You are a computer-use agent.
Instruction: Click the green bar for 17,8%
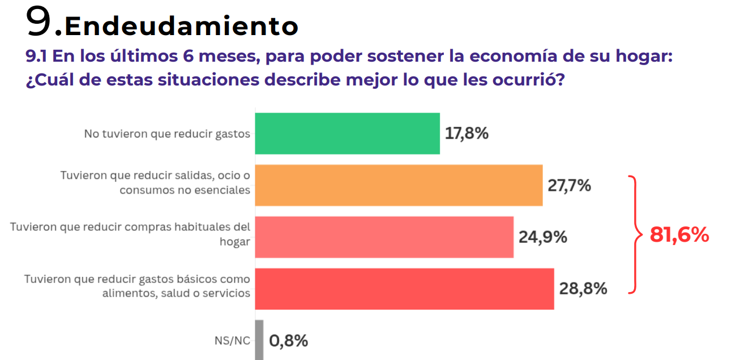[x=347, y=134]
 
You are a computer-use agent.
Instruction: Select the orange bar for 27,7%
[x=399, y=185]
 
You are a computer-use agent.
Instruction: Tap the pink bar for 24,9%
[x=384, y=237]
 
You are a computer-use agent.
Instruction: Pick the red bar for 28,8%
[x=404, y=289]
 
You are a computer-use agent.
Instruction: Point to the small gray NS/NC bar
[x=259, y=340]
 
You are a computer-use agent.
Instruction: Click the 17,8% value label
[x=467, y=134]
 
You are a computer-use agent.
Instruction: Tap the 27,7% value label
[x=569, y=185]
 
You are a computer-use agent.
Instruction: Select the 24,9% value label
[x=542, y=237]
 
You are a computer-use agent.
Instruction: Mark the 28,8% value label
[x=583, y=289]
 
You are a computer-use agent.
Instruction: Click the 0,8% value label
[x=289, y=341]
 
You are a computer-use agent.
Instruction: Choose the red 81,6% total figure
[x=679, y=235]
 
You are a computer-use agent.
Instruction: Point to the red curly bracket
[x=634, y=235]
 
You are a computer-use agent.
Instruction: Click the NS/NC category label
[x=232, y=341]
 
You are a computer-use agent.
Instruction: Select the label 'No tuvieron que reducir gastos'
[x=167, y=134]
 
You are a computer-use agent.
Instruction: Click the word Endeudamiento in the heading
[x=181, y=25]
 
